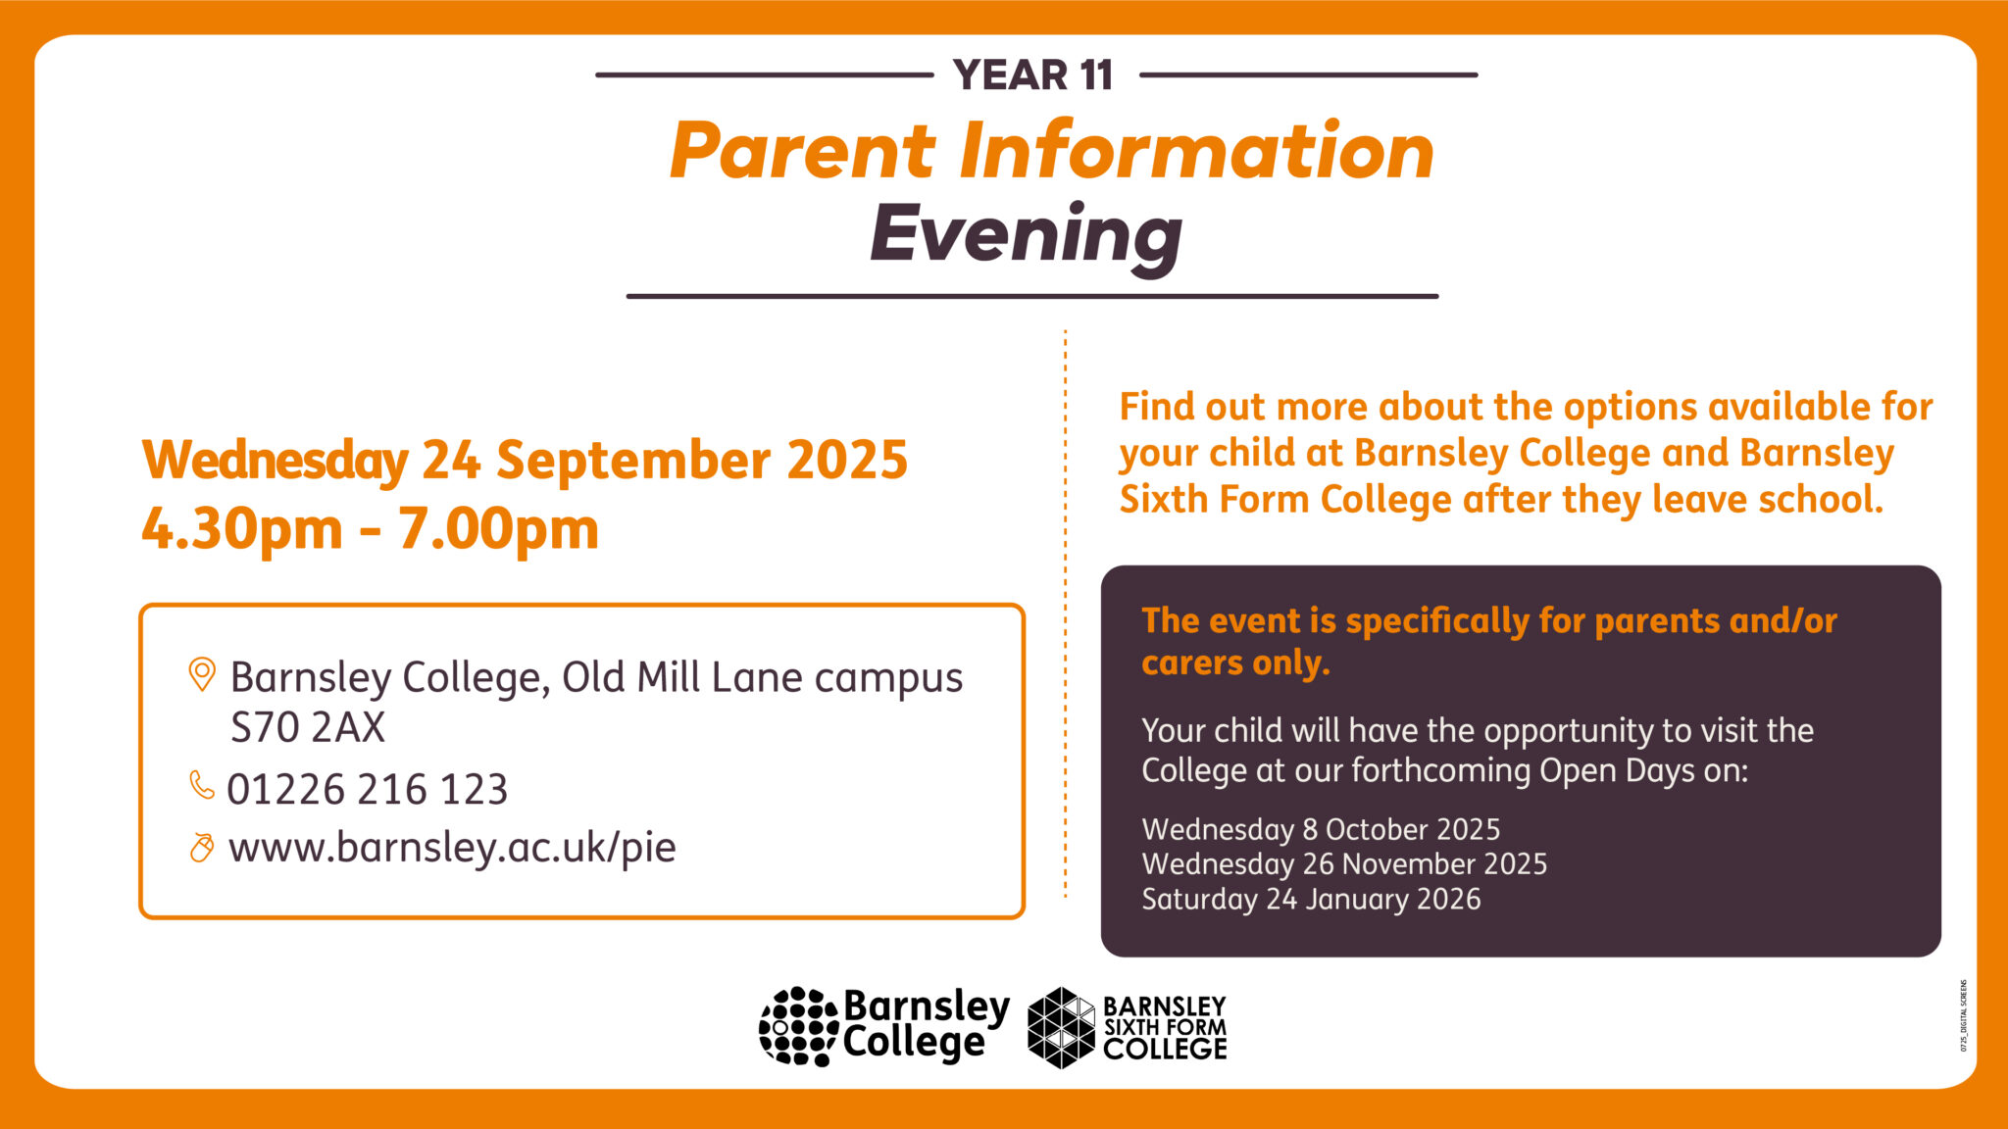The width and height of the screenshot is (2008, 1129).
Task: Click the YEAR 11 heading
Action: tap(1032, 75)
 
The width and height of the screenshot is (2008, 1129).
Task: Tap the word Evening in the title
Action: tap(1026, 234)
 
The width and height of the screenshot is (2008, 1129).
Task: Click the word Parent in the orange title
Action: tap(802, 151)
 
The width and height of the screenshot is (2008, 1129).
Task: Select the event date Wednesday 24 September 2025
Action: tap(525, 460)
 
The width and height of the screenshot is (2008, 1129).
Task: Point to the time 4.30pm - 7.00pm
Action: tap(370, 529)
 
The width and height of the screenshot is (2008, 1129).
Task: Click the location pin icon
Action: tap(201, 674)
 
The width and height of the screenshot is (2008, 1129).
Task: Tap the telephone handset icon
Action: tap(201, 785)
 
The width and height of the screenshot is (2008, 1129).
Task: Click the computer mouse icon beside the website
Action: tap(201, 847)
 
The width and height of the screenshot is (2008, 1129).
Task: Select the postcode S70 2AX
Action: tap(307, 727)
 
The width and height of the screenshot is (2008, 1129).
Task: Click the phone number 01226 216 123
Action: tap(368, 789)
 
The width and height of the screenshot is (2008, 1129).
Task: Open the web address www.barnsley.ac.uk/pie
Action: tap(452, 847)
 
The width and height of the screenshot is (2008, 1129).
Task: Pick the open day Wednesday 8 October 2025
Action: tap(1321, 829)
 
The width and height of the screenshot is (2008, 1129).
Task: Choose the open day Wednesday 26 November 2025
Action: tap(1344, 863)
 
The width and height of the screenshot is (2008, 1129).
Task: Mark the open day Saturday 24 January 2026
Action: tap(1311, 899)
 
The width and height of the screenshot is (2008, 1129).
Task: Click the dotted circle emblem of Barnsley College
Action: tap(797, 1026)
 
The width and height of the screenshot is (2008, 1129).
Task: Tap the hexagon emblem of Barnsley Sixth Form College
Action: tap(1061, 1027)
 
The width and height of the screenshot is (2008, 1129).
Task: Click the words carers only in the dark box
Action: tap(1235, 663)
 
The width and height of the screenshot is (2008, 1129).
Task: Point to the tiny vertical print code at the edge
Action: tap(1964, 1015)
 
